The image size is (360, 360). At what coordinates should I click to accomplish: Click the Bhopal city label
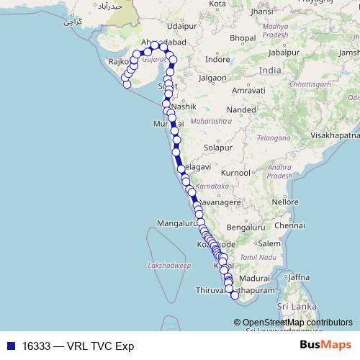pyautogui.click(x=244, y=37)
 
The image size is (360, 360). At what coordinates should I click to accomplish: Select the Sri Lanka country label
pyautogui.click(x=300, y=307)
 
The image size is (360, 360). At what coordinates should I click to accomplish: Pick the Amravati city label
pyautogui.click(x=249, y=91)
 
